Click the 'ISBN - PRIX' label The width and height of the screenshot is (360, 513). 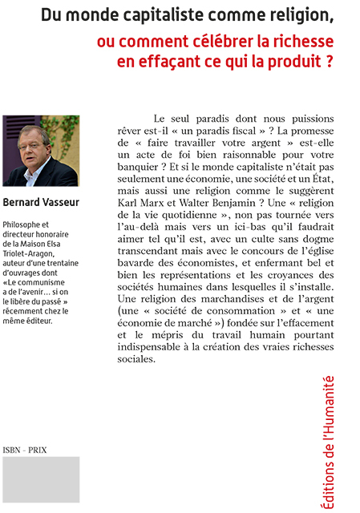point(26,450)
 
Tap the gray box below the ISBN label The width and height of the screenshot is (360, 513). point(40,479)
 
